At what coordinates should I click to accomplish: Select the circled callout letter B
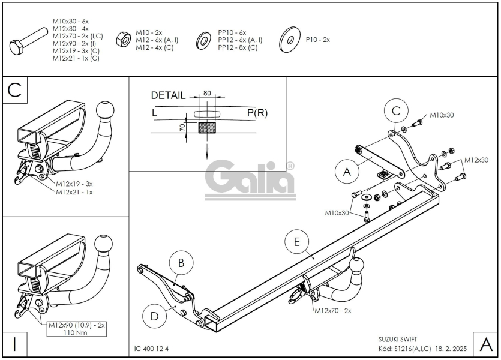pos(181,263)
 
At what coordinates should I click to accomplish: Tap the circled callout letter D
pos(154,317)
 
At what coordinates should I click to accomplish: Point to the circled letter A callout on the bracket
pos(347,172)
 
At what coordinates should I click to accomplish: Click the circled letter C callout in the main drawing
pos(396,110)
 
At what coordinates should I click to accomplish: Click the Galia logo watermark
pos(250,180)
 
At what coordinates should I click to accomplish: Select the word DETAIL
pos(168,95)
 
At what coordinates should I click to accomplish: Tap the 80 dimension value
pos(207,93)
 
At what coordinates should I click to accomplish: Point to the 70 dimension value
pos(182,127)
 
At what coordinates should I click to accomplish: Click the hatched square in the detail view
pos(207,127)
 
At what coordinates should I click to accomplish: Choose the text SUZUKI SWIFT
pos(398,339)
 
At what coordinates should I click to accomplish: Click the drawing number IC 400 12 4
pos(151,349)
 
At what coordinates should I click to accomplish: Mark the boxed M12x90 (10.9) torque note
pos(77,329)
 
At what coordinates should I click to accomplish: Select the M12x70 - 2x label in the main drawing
pos(332,310)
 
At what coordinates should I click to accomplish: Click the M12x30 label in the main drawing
pos(476,160)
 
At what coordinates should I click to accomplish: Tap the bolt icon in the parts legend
pos(28,41)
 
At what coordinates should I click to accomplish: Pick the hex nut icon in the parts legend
pos(123,40)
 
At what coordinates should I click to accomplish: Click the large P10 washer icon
pos(289,40)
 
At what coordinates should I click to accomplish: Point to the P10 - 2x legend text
pos(317,40)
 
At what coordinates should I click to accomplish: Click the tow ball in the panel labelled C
pos(105,110)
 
